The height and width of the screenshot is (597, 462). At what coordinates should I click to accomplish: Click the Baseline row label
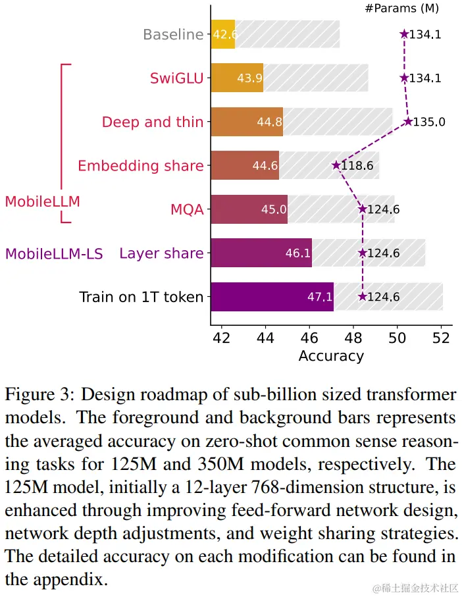pos(173,34)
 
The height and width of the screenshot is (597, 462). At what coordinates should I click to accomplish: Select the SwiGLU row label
pos(177,78)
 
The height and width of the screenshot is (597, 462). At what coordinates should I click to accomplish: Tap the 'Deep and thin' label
pos(153,122)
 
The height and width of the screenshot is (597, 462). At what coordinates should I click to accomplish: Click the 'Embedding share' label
pos(140,166)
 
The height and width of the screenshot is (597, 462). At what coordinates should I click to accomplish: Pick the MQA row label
pos(187,210)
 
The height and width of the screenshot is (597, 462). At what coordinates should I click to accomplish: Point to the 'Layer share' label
pos(161,253)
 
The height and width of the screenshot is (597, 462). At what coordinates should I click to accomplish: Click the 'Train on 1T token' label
pos(141,297)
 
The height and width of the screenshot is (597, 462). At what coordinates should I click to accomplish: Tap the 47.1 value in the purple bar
pos(320,297)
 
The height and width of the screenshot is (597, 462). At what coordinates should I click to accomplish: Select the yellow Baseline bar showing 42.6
pos(223,34)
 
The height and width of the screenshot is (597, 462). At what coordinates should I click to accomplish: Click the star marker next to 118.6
pos(336,166)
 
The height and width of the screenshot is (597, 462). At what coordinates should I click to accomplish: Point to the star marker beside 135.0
pos(408,122)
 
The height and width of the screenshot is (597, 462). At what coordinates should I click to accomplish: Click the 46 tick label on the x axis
pos(309,338)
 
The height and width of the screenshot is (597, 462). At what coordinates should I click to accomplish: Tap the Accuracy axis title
pos(331,356)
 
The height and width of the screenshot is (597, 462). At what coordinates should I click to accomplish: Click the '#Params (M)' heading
pos(401,9)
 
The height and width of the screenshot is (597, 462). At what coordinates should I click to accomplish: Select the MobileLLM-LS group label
pos(54,253)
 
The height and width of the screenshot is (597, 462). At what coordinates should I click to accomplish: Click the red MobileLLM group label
pos(42,201)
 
